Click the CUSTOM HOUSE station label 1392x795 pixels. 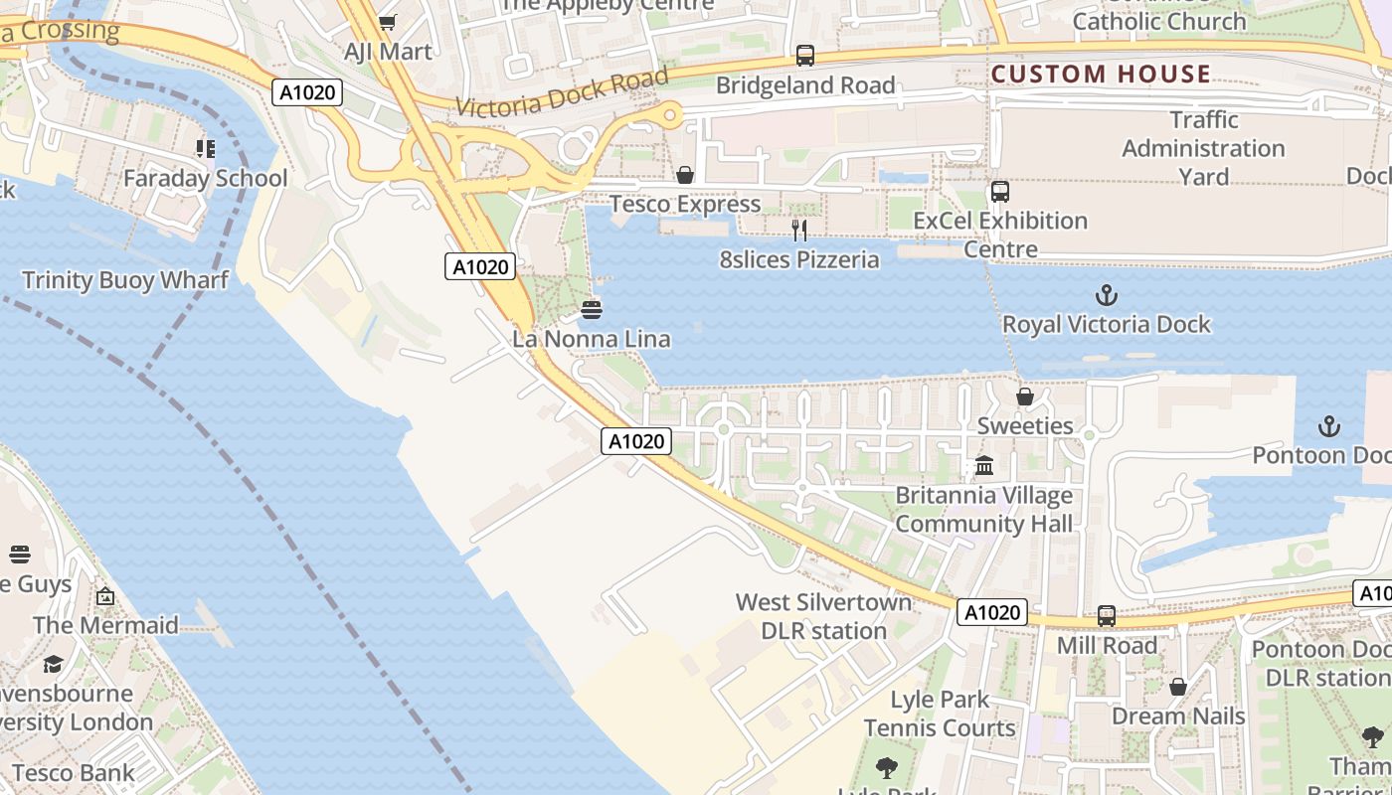[x=1101, y=74]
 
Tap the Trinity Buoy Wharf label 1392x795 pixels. [x=125, y=280]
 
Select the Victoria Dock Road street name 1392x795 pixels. [x=563, y=91]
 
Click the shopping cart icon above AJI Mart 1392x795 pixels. [x=388, y=22]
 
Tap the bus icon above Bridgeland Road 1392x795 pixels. [x=805, y=56]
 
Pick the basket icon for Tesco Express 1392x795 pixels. [x=685, y=176]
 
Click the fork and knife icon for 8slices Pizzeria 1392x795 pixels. [x=799, y=231]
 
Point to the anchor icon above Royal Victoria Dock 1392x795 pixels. [x=1106, y=295]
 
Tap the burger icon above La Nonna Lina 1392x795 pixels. [x=592, y=310]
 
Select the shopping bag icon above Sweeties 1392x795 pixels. [x=1025, y=397]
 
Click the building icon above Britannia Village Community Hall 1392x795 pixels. [x=984, y=465]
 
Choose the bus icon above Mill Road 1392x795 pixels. [x=1107, y=616]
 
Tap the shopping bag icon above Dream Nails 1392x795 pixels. [x=1178, y=687]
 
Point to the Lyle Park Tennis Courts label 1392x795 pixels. [x=940, y=714]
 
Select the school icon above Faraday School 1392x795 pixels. [x=206, y=149]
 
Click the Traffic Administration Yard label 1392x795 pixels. [x=1203, y=148]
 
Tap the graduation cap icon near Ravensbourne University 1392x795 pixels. [x=53, y=664]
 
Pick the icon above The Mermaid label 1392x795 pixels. [x=105, y=596]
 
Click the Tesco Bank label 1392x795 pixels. [x=73, y=772]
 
